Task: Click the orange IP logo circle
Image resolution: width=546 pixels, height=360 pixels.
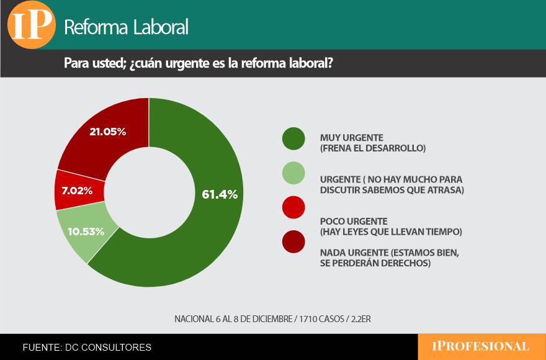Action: click(31, 25)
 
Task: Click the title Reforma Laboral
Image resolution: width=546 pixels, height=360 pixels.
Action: click(126, 27)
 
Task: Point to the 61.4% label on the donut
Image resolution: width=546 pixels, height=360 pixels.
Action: click(220, 194)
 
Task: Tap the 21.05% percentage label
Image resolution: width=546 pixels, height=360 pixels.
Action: click(108, 132)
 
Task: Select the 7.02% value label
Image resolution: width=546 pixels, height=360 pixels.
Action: click(77, 191)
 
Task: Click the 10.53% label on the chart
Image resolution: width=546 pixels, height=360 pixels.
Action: click(86, 232)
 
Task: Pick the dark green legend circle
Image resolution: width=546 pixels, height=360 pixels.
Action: click(293, 138)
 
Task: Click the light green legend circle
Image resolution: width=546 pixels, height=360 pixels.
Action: click(293, 173)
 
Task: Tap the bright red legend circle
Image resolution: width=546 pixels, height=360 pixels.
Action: click(293, 207)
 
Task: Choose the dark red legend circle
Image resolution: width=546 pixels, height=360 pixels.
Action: click(293, 241)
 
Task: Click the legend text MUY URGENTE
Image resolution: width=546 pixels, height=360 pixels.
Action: click(352, 137)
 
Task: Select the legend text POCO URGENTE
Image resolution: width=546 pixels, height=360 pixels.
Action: click(354, 221)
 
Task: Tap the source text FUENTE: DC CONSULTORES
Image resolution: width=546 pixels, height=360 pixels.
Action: click(87, 348)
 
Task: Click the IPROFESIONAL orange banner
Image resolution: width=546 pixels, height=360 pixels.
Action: click(481, 346)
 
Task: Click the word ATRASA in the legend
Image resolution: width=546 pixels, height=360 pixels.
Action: click(445, 190)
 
